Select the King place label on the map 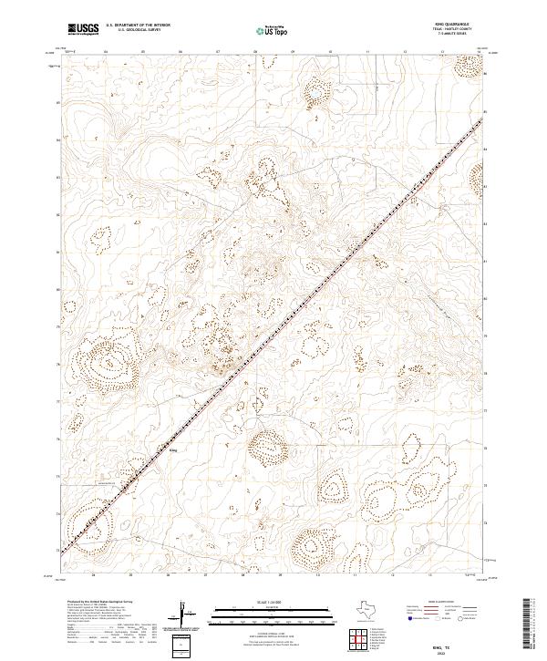tap(174, 448)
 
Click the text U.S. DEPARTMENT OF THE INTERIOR tap(138, 26)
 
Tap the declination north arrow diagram tap(187, 614)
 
